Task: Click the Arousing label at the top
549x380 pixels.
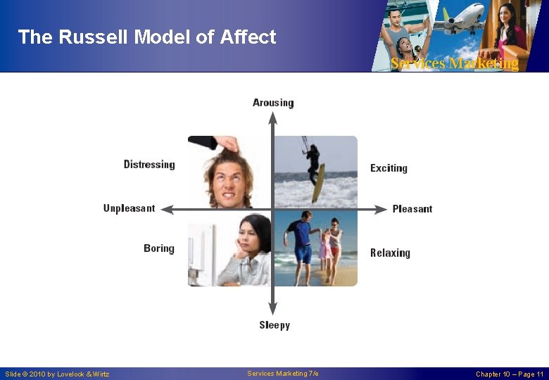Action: tap(273, 103)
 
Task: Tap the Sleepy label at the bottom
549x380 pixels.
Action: tap(274, 325)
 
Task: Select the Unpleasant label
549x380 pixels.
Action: tap(129, 208)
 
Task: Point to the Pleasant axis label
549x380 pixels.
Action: tap(412, 209)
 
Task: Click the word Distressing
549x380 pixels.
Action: tap(149, 165)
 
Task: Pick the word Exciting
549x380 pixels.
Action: tap(389, 168)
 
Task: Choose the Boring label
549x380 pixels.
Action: tap(158, 248)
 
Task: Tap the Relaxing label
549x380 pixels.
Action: tap(390, 253)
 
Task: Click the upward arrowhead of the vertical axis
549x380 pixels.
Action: tap(273, 117)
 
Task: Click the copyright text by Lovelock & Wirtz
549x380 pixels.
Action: tap(58, 374)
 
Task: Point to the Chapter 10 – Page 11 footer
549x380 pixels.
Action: tap(509, 374)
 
